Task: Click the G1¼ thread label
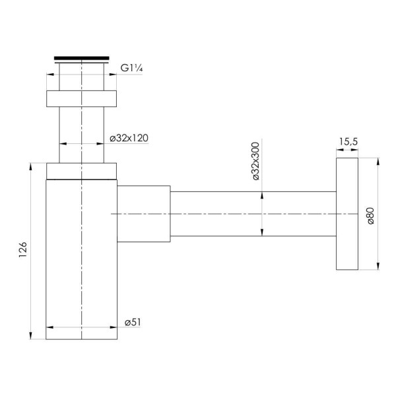pos(131,68)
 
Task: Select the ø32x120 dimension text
pos(129,138)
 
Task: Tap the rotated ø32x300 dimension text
pos(256,161)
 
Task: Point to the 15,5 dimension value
pos(348,142)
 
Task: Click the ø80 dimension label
pos(370,216)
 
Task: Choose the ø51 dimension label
pos(133,322)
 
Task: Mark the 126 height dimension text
pos(22,249)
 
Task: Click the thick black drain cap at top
pos(82,58)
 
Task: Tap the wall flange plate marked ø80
pos(347,214)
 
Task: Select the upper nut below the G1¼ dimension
pos(82,98)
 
